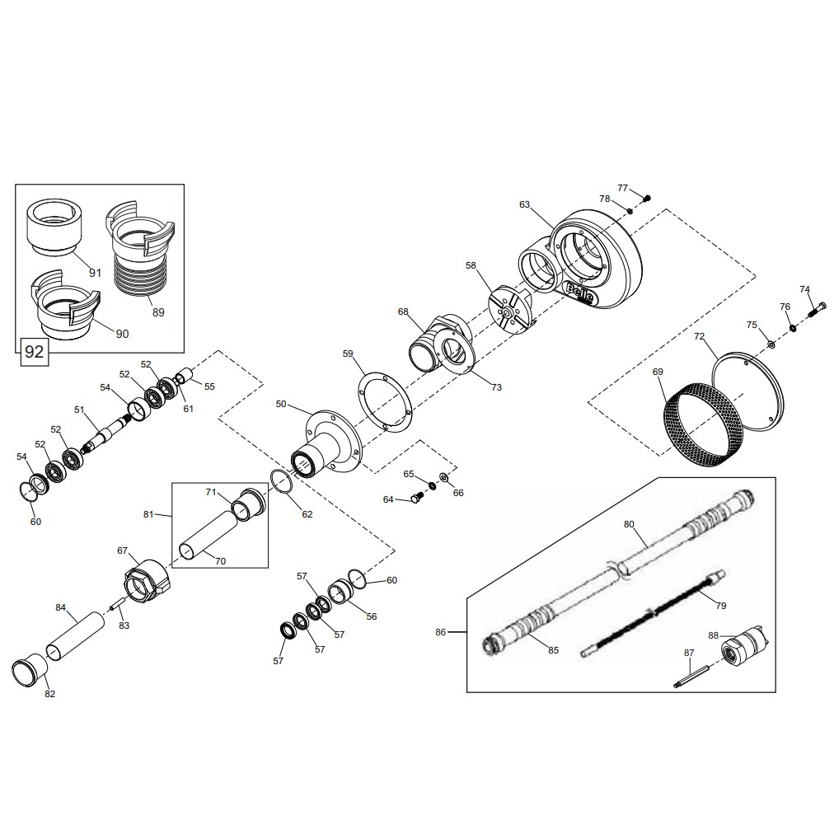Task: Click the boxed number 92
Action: [x=35, y=352]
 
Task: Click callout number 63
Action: [x=524, y=204]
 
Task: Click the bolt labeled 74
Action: [x=817, y=309]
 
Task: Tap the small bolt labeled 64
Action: [x=416, y=498]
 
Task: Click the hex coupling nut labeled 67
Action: [x=146, y=579]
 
